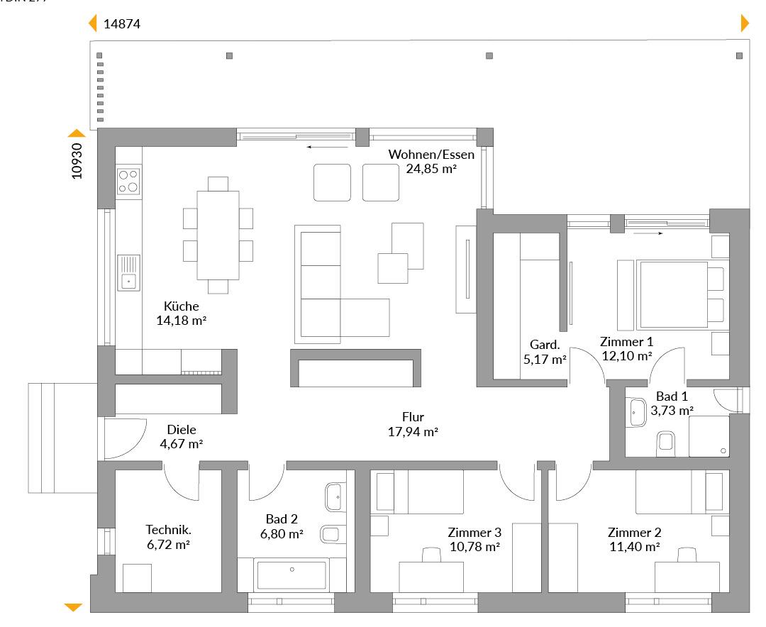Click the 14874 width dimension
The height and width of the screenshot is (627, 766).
(122, 23)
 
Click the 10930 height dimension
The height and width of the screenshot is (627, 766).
(77, 161)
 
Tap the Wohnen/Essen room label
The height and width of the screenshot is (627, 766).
(431, 155)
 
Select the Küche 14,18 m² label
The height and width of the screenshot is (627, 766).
(182, 313)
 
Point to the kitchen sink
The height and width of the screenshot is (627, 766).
(128, 272)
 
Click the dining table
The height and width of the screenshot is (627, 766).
(218, 235)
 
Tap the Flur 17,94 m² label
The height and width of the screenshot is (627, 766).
(413, 424)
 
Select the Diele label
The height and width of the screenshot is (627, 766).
(182, 430)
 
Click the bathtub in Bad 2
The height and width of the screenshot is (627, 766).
(292, 575)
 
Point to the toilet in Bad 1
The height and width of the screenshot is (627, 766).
(666, 441)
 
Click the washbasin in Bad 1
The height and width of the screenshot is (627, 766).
(636, 413)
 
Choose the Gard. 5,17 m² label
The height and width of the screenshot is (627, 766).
(545, 352)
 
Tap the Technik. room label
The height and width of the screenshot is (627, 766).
(169, 530)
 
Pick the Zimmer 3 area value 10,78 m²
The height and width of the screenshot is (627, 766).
(474, 547)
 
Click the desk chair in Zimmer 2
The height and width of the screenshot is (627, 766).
(687, 555)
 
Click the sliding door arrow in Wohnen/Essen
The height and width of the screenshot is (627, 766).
(327, 146)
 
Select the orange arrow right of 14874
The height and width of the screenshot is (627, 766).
(745, 23)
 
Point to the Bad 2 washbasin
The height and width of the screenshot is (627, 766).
(333, 497)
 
